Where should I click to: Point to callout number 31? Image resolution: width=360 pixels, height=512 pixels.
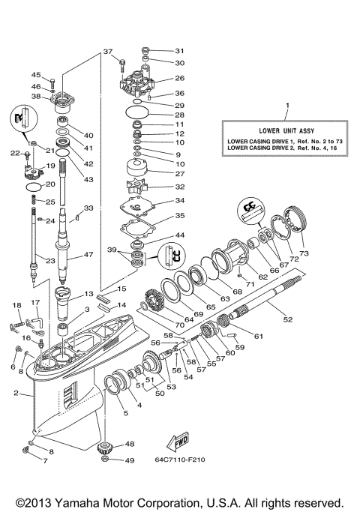click(179, 50)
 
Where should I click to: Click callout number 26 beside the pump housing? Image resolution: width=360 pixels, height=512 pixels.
click(179, 78)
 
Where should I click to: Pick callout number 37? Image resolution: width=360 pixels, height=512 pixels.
click(107, 52)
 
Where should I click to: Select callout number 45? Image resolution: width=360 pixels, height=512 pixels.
click(35, 74)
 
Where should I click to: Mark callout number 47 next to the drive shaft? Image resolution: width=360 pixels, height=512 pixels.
click(88, 255)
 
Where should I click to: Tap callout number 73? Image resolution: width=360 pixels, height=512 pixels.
click(304, 253)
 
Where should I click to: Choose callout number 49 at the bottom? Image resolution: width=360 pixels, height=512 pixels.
click(130, 460)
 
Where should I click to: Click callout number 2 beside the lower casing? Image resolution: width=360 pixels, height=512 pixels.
click(16, 393)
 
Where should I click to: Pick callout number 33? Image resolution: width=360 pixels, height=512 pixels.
click(88, 208)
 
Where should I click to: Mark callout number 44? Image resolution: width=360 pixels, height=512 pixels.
click(179, 235)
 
